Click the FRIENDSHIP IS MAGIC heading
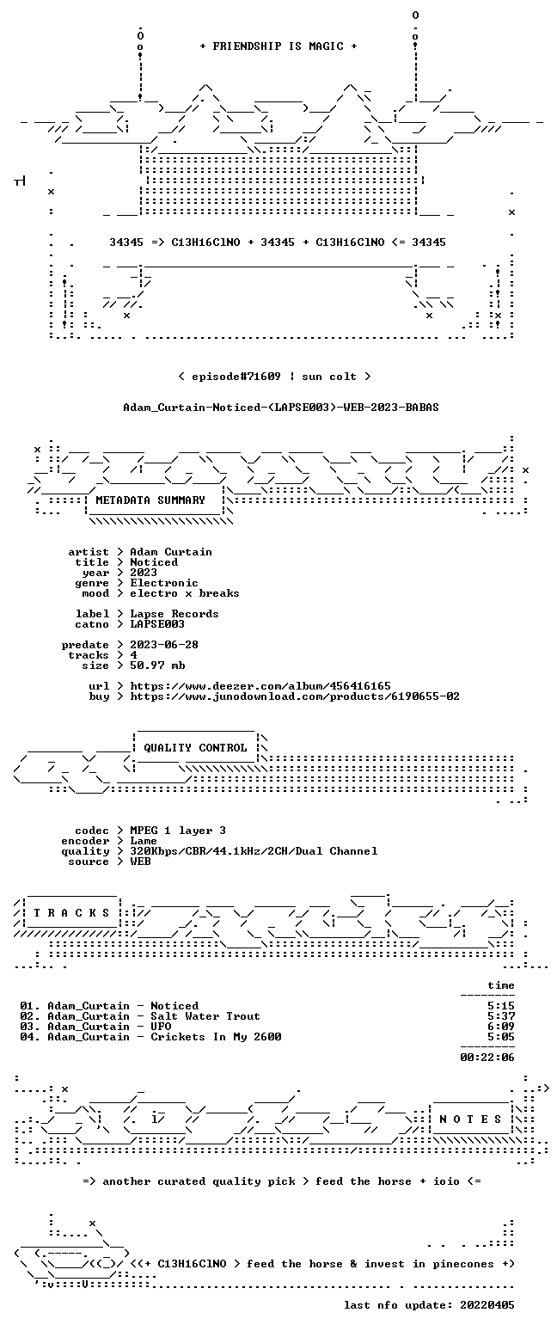tap(278, 46)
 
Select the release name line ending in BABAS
tap(281, 408)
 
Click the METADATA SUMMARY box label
tap(150, 500)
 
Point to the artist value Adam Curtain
tap(171, 552)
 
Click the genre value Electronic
tap(164, 583)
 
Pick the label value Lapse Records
tap(174, 614)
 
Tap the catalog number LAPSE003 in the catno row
tap(157, 624)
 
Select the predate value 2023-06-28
tap(164, 645)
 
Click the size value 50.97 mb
tap(157, 665)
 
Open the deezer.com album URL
tap(260, 686)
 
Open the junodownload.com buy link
tap(295, 696)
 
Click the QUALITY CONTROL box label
tap(195, 748)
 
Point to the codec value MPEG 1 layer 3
tap(178, 831)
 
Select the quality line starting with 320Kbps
tap(254, 851)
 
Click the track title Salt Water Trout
tap(205, 1016)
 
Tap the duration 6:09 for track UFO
tap(500, 1027)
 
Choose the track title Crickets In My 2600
tap(216, 1037)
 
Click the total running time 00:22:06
tap(487, 1058)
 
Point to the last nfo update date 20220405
tap(487, 1305)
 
